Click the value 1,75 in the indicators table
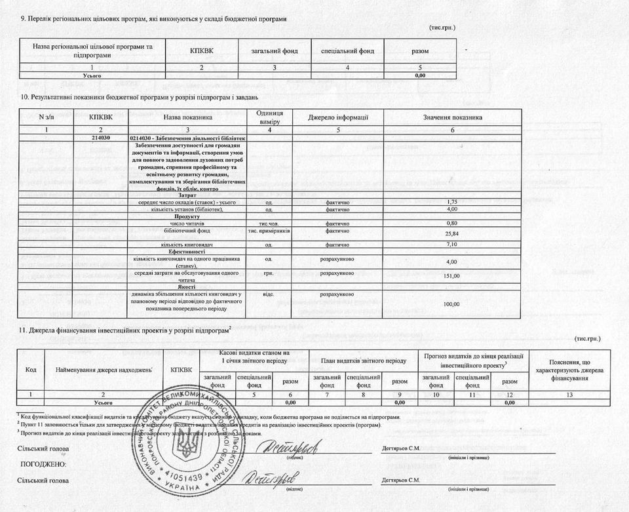pos(451,201)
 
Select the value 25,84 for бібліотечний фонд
pos(451,234)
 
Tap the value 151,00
pos(451,276)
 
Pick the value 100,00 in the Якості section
pos(451,304)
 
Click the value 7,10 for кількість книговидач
pos(451,245)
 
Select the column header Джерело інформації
pos(337,117)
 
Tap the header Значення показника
pos(452,117)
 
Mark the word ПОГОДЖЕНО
pos(43,464)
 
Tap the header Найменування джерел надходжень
pos(104,370)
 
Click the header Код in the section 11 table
pos(31,370)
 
